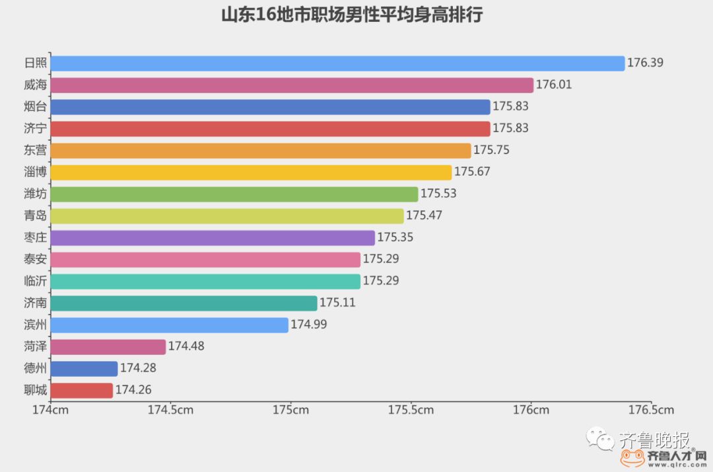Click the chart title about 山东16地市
point(352,15)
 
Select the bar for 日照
point(337,63)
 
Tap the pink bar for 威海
point(292,85)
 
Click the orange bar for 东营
point(261,151)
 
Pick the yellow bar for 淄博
point(251,173)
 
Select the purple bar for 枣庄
point(213,238)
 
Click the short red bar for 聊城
point(82,391)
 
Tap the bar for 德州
point(84,369)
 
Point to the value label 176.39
point(645,63)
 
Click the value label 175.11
point(337,303)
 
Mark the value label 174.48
point(186,347)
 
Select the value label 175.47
point(424,216)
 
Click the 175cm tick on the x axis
point(290,410)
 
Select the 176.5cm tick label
point(651,410)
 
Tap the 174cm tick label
point(51,410)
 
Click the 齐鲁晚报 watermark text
point(654,440)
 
